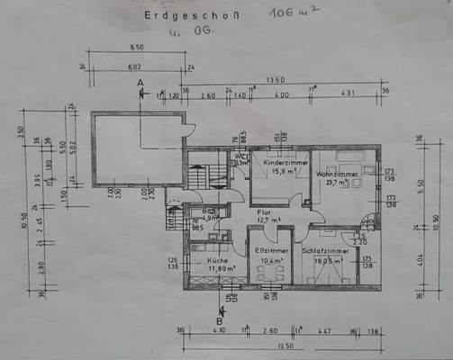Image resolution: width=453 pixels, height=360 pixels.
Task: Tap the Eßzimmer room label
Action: (269, 249)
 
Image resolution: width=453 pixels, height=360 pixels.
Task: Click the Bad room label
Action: (208, 210)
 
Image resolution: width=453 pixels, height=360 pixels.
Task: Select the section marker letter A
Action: (140, 83)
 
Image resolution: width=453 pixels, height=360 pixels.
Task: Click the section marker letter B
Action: (219, 317)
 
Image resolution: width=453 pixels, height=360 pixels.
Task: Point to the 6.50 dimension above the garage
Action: (137, 47)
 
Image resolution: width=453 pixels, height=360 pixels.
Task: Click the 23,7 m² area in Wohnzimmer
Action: (338, 182)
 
